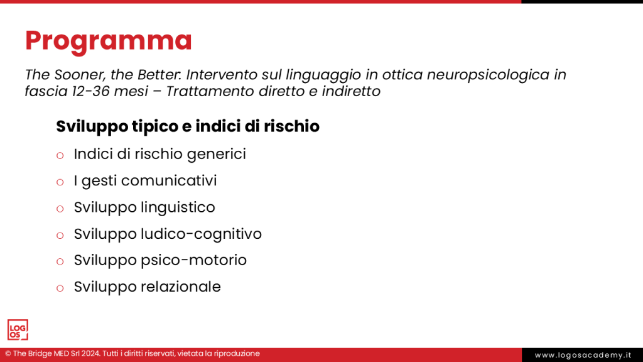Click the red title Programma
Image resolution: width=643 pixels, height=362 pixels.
tap(108, 41)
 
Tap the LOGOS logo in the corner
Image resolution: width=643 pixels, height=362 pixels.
tap(18, 330)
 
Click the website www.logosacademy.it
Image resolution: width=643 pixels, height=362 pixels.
tap(583, 355)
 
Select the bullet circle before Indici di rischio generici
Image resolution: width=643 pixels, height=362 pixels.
tap(60, 155)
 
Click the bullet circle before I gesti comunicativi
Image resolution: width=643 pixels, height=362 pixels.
tap(60, 182)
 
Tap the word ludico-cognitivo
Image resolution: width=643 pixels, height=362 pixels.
tap(201, 234)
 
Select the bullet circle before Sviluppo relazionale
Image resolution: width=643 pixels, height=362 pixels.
tap(60, 288)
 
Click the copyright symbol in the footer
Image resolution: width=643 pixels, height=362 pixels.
tap(8, 354)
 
